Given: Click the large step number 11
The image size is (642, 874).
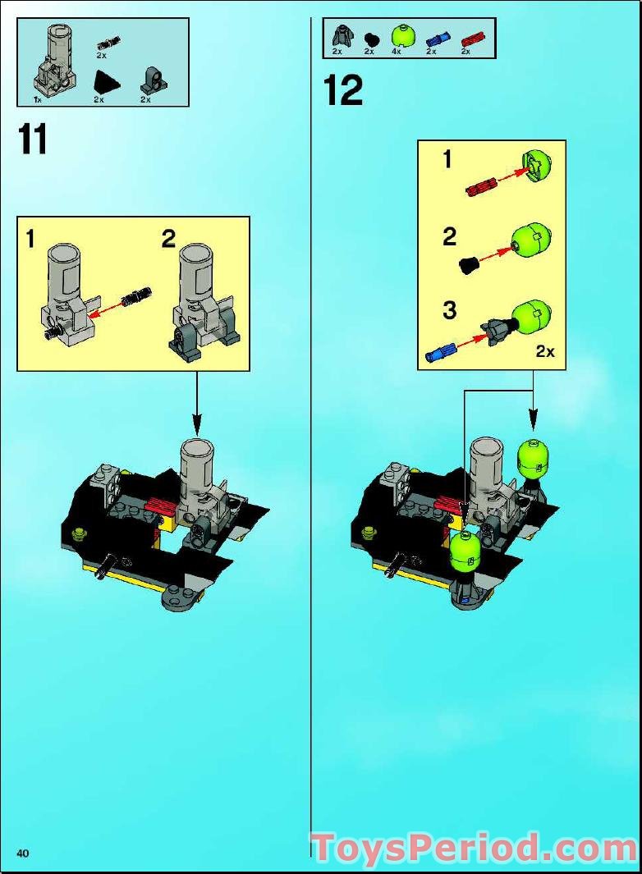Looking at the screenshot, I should [x=33, y=139].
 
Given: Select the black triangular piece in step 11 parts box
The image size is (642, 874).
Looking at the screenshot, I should [x=104, y=82].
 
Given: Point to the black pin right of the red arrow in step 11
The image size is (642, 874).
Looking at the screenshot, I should [x=135, y=295].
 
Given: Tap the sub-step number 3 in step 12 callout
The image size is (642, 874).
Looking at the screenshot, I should [x=449, y=311].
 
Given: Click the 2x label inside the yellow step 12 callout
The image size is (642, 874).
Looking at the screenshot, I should [x=545, y=351].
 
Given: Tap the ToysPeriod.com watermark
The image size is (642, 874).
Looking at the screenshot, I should [x=474, y=847].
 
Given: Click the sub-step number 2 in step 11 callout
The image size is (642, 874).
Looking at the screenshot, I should [x=168, y=239].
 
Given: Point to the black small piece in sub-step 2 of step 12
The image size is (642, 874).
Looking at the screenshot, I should [x=469, y=265].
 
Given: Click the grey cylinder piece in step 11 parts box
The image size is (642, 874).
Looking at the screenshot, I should [x=53, y=62].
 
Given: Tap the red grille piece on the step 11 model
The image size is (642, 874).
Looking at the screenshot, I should [x=161, y=506].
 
